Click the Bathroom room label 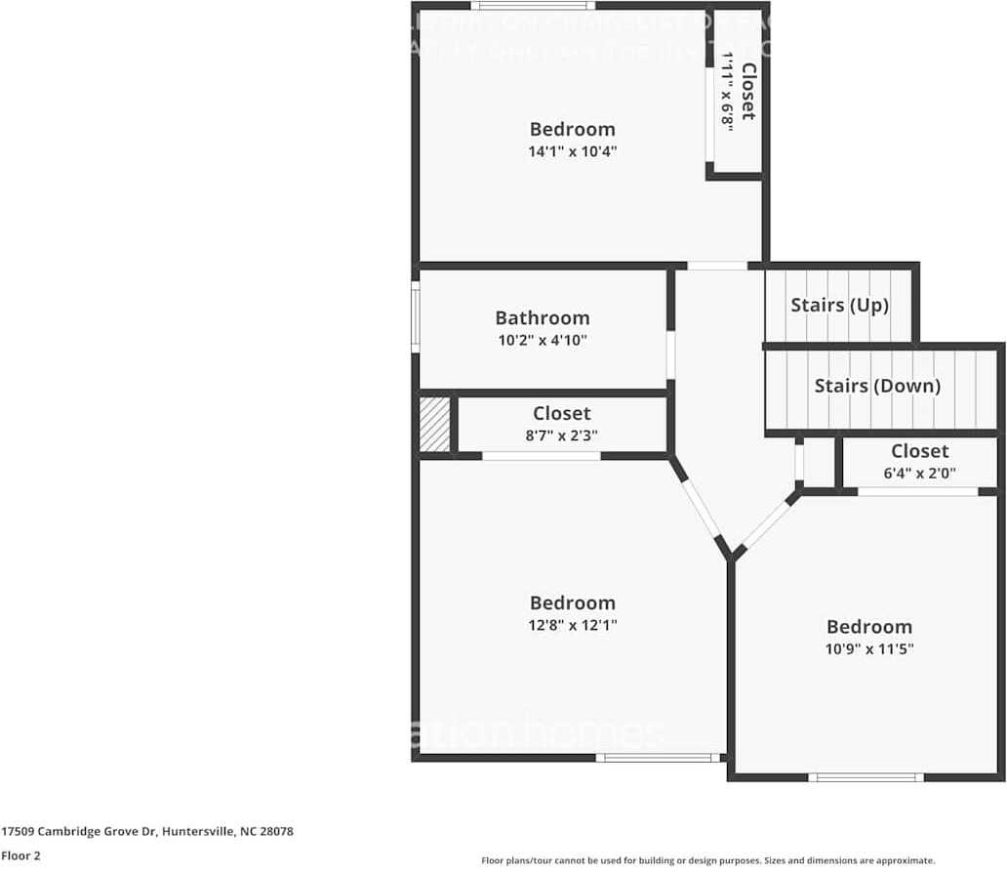pos(542,317)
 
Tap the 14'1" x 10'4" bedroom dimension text pos(573,151)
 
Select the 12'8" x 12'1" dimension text pos(573,625)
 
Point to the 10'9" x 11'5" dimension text pos(869,648)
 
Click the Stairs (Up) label pos(839,305)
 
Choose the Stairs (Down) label pos(877,386)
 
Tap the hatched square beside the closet pos(435,424)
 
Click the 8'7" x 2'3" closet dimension pos(561,436)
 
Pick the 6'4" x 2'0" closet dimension pos(919,474)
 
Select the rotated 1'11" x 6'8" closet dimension pos(726,90)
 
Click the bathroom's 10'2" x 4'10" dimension pos(542,341)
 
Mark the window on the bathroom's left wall pos(416,317)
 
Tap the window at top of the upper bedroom pos(533,6)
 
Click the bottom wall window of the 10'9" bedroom pos(866,777)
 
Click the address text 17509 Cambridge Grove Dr pos(147,832)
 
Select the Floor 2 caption pos(21,855)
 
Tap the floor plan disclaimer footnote pos(707,860)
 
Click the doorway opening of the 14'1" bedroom pos(717,266)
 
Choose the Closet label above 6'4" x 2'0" pos(919,450)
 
